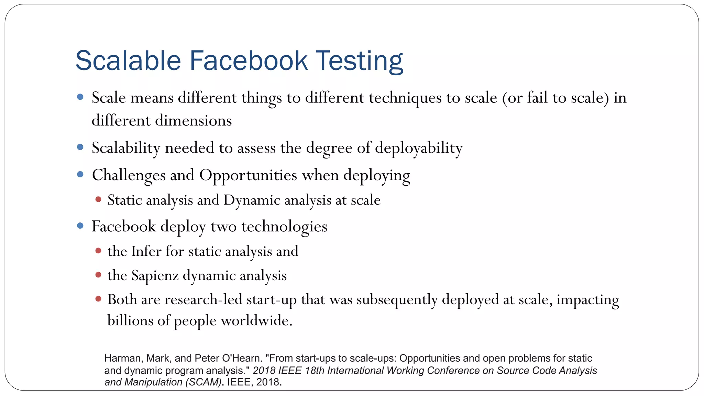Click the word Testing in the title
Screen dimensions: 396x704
click(359, 61)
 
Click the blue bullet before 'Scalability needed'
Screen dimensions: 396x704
click(80, 147)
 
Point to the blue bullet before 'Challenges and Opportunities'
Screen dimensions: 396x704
click(80, 174)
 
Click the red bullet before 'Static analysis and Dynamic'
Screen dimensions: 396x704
click(98, 199)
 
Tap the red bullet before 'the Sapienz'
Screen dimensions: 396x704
click(98, 275)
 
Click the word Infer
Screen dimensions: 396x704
click(146, 251)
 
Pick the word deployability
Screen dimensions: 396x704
click(418, 148)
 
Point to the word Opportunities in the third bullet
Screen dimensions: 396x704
click(248, 175)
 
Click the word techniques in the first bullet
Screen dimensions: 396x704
click(405, 98)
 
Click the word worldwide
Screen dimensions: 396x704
click(256, 320)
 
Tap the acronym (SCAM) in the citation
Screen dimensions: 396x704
click(203, 382)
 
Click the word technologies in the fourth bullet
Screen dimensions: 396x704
click(284, 227)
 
